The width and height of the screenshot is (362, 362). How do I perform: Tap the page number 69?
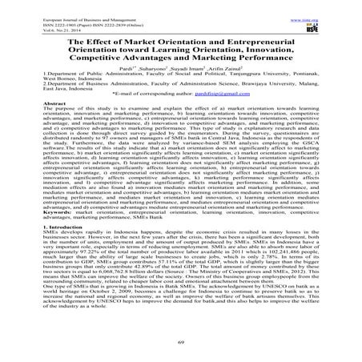[181, 339]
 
